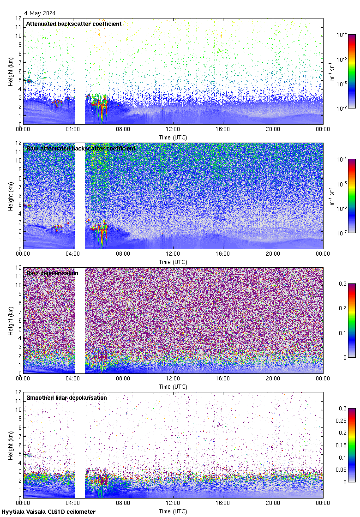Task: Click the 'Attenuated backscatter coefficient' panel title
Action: (74, 24)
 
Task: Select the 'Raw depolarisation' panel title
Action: (52, 273)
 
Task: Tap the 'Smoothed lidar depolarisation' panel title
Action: (66, 398)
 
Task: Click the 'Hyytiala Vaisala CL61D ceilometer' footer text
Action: (48, 512)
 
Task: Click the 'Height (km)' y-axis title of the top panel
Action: (11, 71)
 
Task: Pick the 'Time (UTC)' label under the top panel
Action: (173, 137)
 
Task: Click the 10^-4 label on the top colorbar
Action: (342, 35)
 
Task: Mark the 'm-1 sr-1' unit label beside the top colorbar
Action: (332, 71)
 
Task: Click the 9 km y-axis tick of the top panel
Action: (19, 45)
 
